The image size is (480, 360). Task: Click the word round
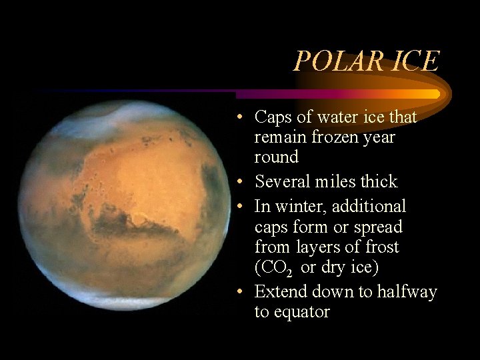(x=276, y=157)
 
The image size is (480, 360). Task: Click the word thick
(x=379, y=181)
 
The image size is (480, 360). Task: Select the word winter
(x=295, y=207)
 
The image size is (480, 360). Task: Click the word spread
(x=378, y=227)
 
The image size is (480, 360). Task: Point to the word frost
(x=381, y=247)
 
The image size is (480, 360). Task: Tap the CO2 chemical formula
(x=277, y=267)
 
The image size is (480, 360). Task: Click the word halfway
(x=407, y=291)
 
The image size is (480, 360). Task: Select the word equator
(x=301, y=311)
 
